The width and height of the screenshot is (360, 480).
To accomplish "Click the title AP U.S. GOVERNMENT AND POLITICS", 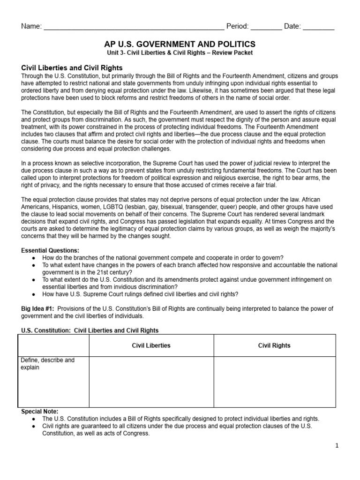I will click(x=180, y=44).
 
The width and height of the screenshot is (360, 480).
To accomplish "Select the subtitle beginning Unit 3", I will click(x=180, y=52).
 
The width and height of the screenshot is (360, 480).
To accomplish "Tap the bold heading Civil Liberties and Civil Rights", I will click(x=72, y=68).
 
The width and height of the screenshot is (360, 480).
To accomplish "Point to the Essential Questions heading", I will click(x=50, y=250).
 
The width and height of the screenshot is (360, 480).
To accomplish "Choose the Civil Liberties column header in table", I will click(x=151, y=345).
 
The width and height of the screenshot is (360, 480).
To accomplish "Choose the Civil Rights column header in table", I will click(x=274, y=345).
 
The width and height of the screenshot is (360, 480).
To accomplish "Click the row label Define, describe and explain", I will click(x=47, y=364).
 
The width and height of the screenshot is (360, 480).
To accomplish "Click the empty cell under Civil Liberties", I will click(x=151, y=382).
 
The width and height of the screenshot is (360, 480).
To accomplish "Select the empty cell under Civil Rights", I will click(x=274, y=382).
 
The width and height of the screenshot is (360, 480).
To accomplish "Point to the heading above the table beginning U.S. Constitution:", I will click(x=90, y=330).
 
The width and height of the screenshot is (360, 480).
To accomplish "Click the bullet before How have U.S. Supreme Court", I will click(x=33, y=294).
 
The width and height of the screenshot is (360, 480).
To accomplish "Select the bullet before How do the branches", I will click(x=33, y=257).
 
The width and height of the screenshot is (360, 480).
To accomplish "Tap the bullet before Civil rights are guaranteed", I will click(x=33, y=426).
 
